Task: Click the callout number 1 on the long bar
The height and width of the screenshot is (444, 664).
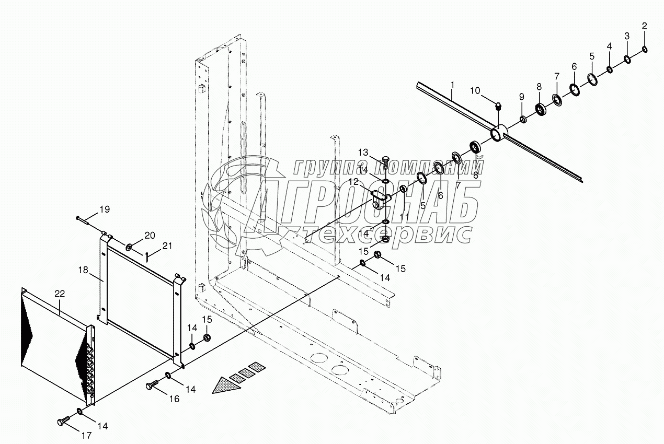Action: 452,84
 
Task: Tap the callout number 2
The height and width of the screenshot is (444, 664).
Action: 644,26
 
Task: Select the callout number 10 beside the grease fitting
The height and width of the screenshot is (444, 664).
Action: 475,90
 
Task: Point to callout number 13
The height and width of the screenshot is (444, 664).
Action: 363,152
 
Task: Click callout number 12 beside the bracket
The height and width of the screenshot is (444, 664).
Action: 354,181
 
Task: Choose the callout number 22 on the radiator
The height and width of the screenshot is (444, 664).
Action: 60,295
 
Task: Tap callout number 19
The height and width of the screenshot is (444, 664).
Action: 105,210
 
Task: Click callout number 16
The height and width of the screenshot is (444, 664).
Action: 174,399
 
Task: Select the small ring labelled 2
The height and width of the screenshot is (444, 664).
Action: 644,49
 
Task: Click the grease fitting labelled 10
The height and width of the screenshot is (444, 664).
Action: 497,107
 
